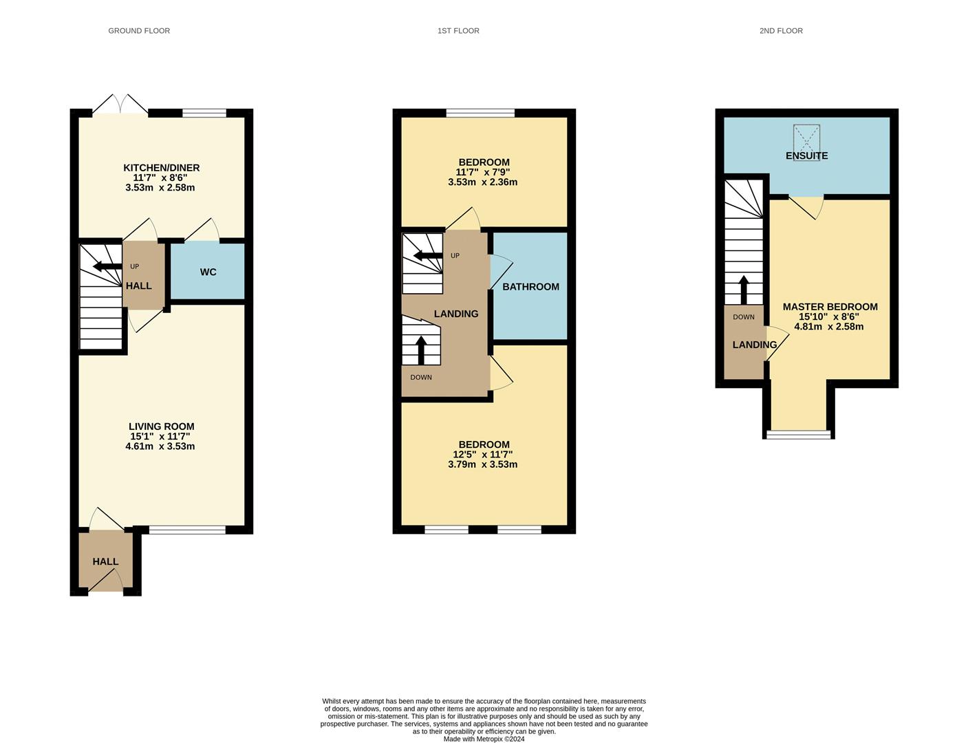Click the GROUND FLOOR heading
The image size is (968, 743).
click(x=139, y=31)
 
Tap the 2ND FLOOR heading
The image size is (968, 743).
click(x=781, y=31)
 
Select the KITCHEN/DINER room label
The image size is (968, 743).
click(x=161, y=168)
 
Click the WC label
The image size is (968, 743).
click(x=208, y=272)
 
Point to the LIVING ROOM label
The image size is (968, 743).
click(x=161, y=427)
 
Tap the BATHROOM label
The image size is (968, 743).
click(x=530, y=287)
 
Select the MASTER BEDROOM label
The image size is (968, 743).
click(x=830, y=307)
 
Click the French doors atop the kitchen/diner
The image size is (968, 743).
click(x=120, y=105)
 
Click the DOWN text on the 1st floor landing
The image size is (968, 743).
click(x=421, y=377)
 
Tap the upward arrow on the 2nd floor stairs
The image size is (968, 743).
click(x=744, y=289)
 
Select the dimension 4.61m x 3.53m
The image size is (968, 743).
click(x=160, y=446)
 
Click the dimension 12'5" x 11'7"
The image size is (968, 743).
click(x=482, y=455)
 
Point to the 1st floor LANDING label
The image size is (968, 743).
click(x=455, y=314)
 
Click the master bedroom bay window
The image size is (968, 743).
click(x=799, y=434)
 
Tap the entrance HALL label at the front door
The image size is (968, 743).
click(x=105, y=562)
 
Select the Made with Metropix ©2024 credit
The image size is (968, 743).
click(x=484, y=739)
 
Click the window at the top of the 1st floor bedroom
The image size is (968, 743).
click(x=480, y=113)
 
